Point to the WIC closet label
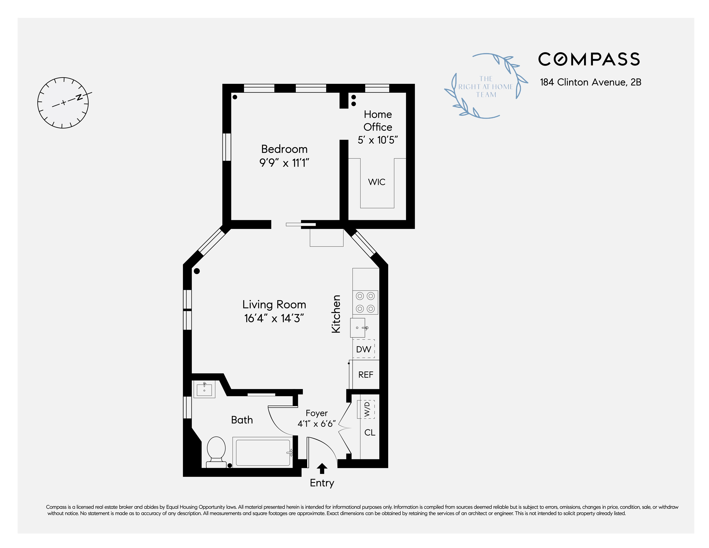377,182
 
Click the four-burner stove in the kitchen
365,302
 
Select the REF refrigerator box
366,375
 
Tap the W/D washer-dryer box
367,409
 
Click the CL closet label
370,432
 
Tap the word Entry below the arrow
322,483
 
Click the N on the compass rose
79,97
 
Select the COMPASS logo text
589,59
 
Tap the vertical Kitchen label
336,314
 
